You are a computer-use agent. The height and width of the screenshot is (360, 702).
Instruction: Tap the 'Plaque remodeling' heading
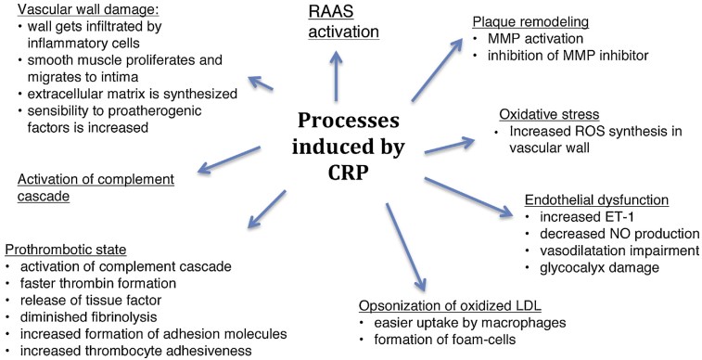(530, 19)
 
